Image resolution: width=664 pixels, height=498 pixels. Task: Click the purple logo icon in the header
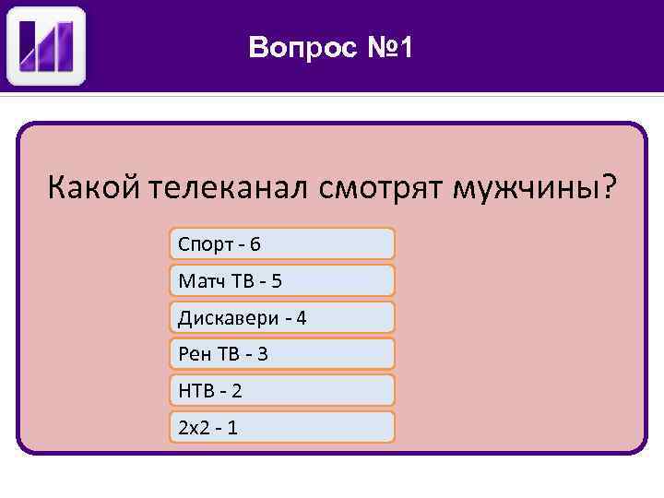pyautogui.click(x=46, y=46)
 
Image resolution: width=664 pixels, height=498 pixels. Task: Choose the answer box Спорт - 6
pyautogui.click(x=282, y=243)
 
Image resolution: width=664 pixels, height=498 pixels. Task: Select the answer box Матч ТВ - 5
pyautogui.click(x=282, y=280)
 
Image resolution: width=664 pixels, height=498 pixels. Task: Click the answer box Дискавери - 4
pyautogui.click(x=282, y=317)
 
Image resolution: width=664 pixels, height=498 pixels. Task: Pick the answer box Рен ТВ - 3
pyautogui.click(x=282, y=353)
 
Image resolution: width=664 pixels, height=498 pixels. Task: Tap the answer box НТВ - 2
pyautogui.click(x=282, y=390)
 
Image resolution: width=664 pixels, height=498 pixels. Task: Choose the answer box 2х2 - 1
pyautogui.click(x=282, y=427)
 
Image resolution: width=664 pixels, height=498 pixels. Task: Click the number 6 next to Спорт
pyautogui.click(x=255, y=244)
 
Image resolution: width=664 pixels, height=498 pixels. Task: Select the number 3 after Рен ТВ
pyautogui.click(x=262, y=353)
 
